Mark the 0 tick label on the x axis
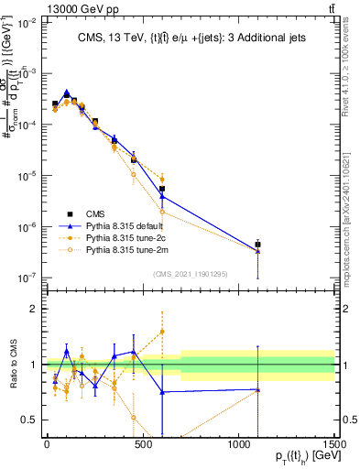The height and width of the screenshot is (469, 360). pos(47,442)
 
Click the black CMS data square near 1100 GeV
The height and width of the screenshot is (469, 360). pos(257,245)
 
